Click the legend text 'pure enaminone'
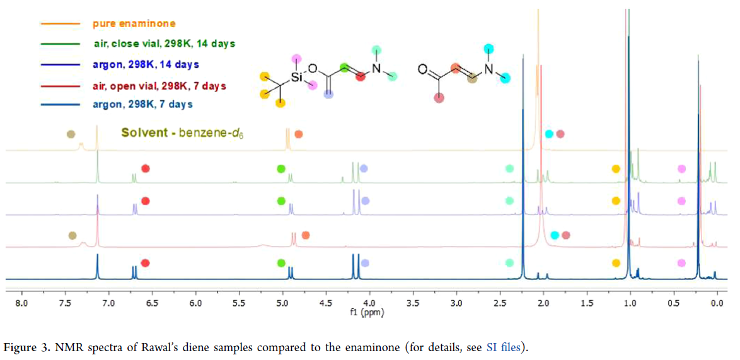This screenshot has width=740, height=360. (134, 24)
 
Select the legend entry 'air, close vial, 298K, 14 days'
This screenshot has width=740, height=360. (161, 44)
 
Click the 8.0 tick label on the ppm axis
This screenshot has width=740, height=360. (21, 303)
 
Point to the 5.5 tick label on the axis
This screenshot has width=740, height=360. (238, 303)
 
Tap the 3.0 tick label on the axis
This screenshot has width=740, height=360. (456, 303)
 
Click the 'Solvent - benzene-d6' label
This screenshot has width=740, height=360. (182, 134)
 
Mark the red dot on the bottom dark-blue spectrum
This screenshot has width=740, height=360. (146, 264)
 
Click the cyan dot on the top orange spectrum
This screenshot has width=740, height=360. (549, 134)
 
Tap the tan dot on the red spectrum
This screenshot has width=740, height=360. (72, 235)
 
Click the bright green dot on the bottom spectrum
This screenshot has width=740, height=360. (282, 264)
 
